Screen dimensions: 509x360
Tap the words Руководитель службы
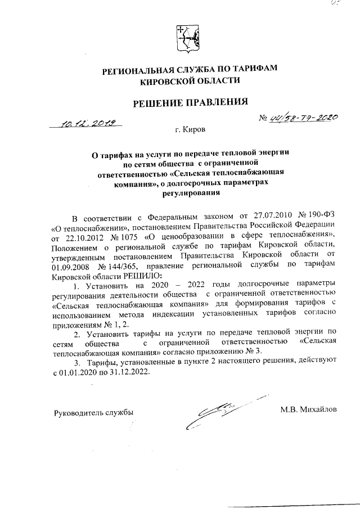point(93,412)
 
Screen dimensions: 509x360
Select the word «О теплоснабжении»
point(86,226)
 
